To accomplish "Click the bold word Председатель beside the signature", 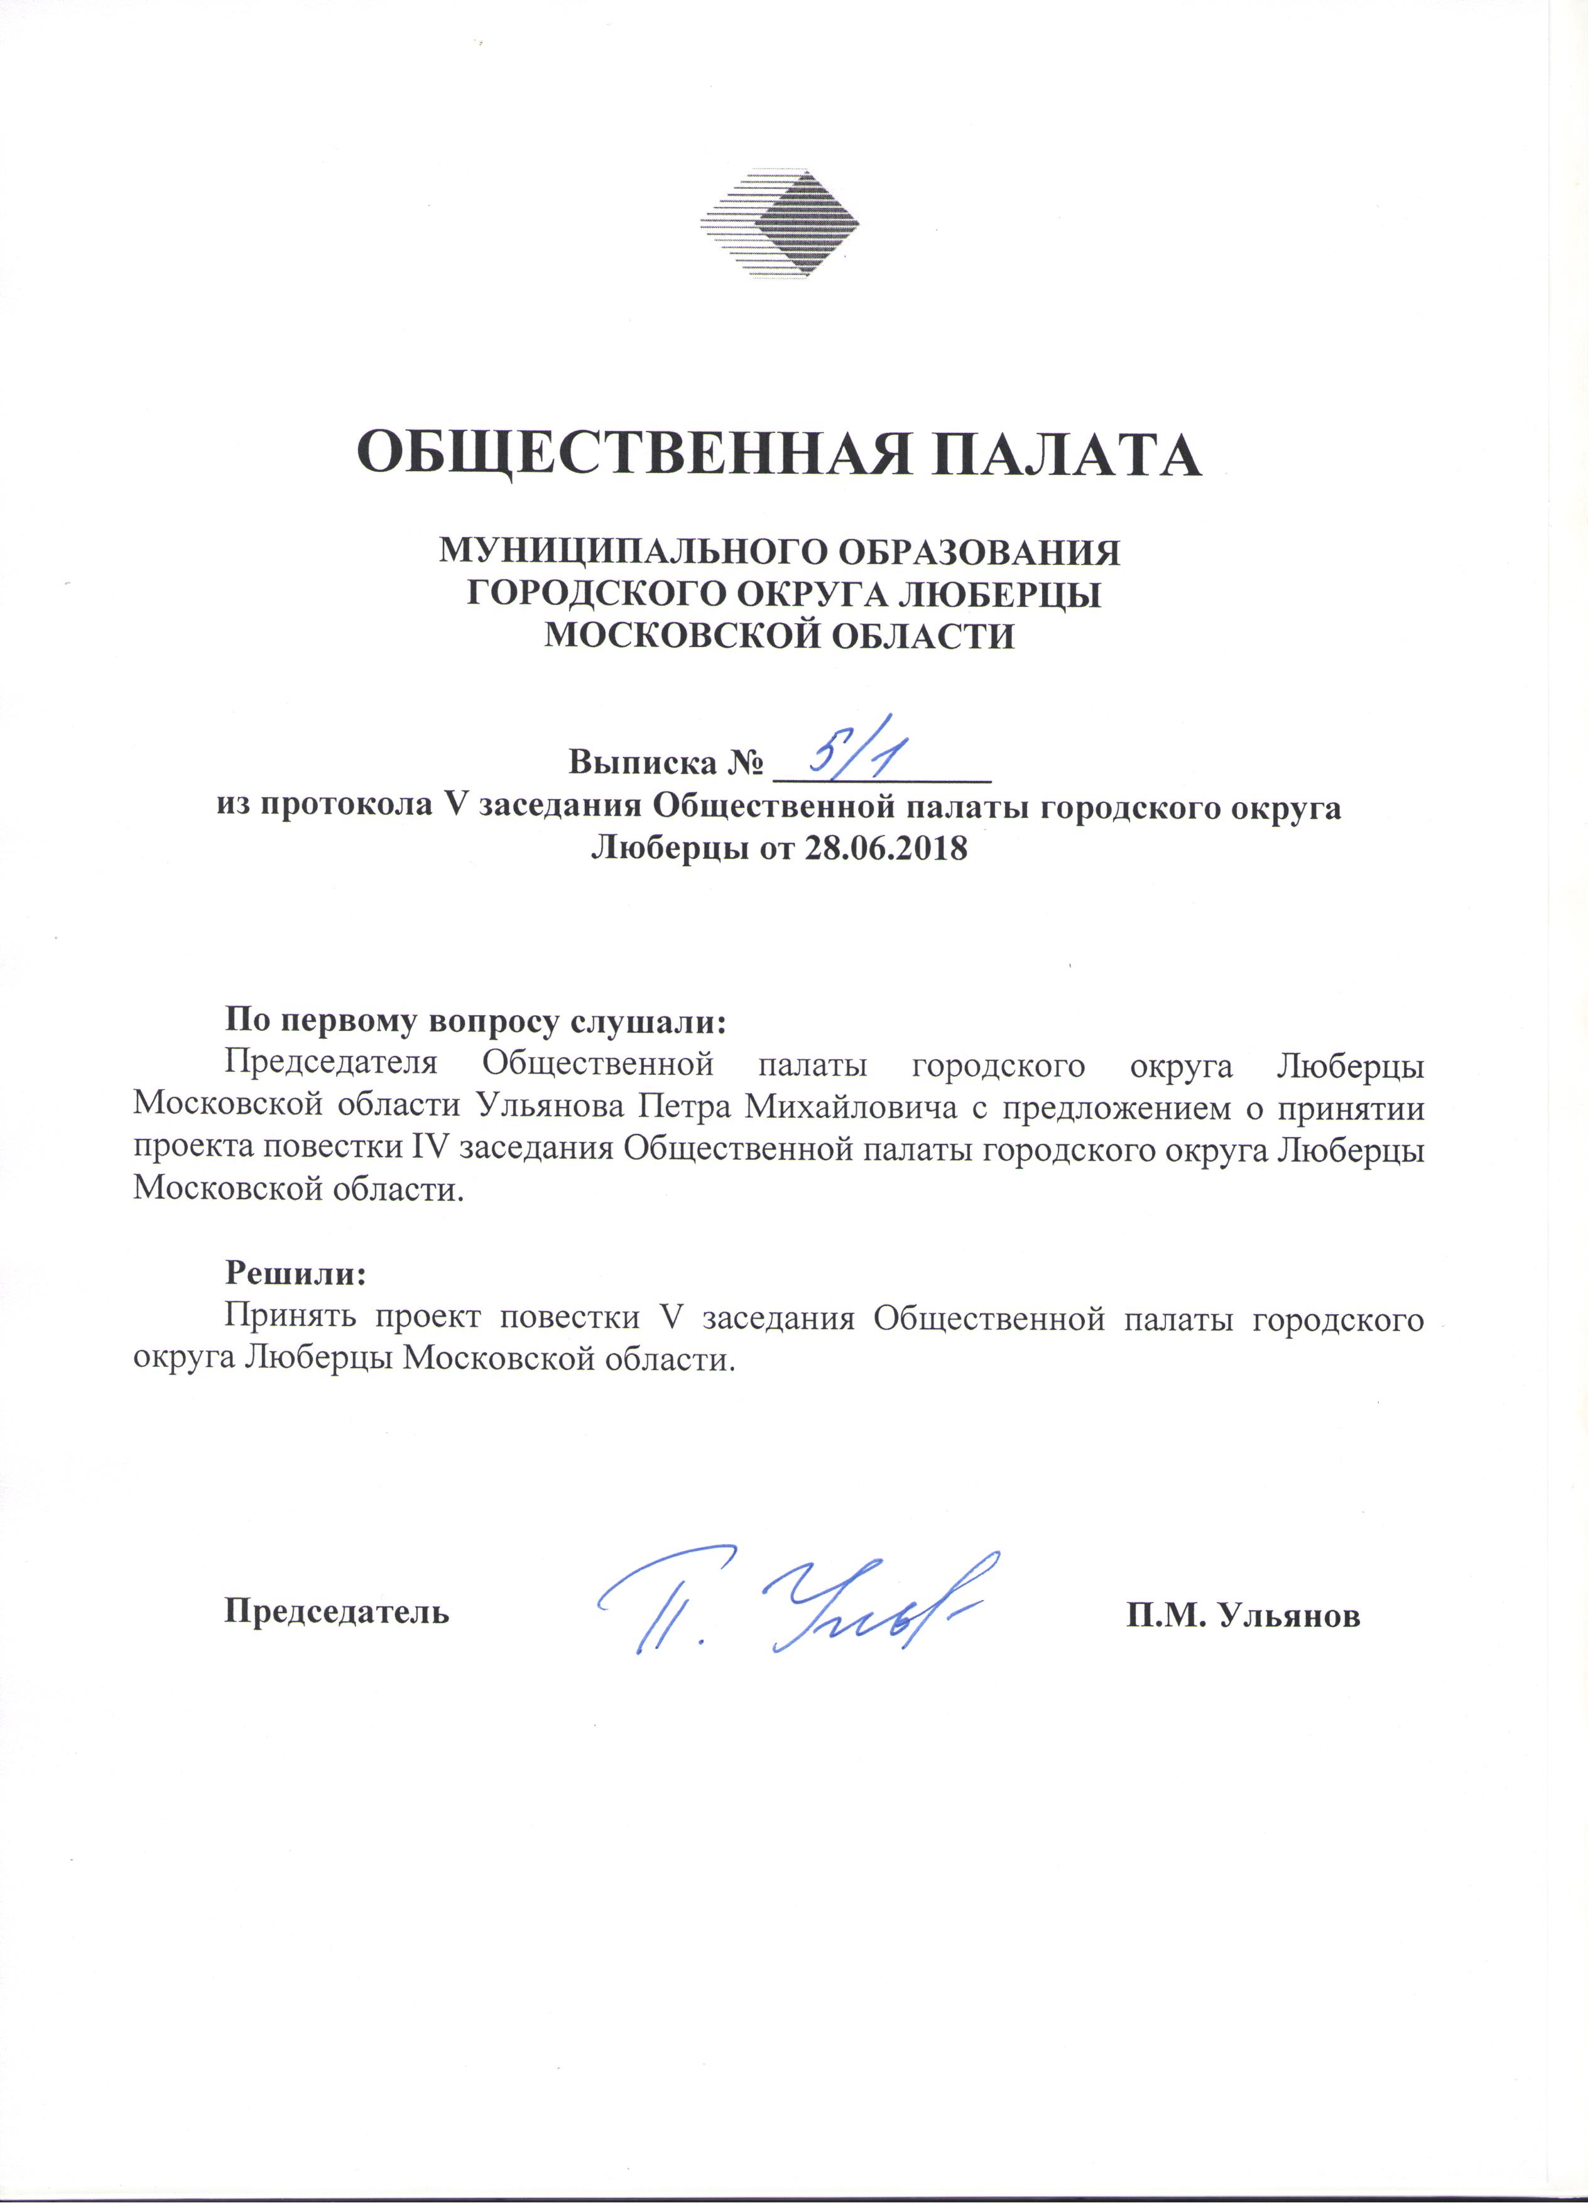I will pyautogui.click(x=337, y=1611).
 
